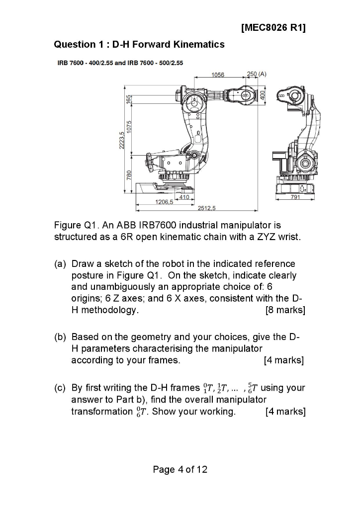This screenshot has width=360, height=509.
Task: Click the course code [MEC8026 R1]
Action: click(273, 27)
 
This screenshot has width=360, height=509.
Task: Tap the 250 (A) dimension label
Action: click(257, 74)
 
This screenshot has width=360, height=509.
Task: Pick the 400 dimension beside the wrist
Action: click(264, 94)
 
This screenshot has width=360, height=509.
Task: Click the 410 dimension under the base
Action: click(184, 197)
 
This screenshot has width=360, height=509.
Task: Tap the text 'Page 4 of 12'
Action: click(180, 469)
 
